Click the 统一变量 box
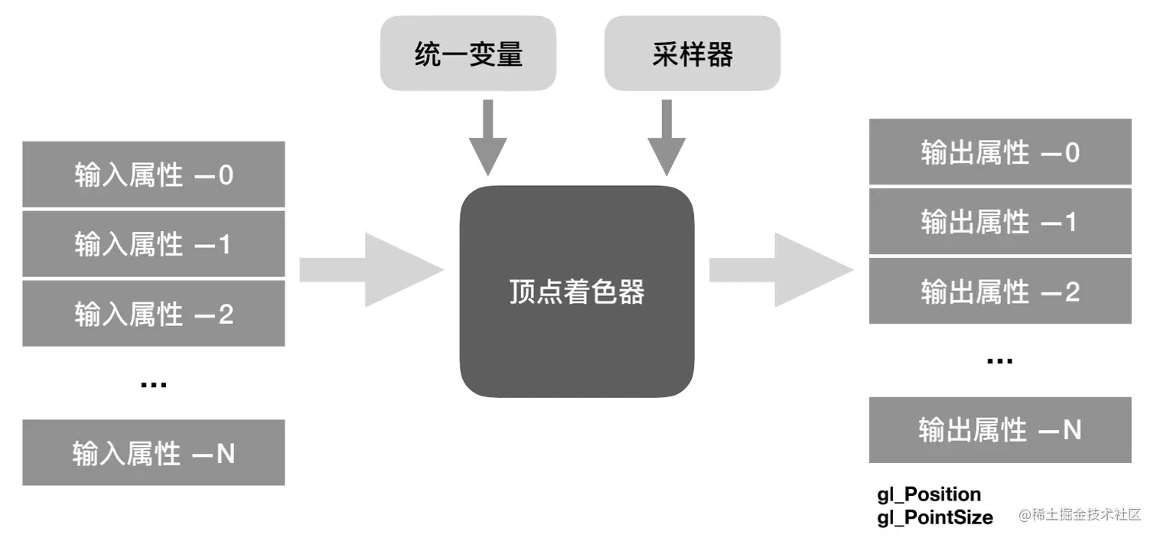click(468, 54)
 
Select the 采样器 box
click(692, 54)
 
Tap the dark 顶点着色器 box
click(576, 292)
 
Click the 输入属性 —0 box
click(153, 174)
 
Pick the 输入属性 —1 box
click(153, 244)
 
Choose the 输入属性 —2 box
click(153, 314)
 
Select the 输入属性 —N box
click(153, 452)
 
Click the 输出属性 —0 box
click(999, 152)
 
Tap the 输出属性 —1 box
click(999, 221)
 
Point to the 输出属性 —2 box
click(999, 291)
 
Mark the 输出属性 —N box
click(999, 429)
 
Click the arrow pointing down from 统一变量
click(488, 138)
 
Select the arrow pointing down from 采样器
click(666, 138)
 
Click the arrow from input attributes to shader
click(372, 270)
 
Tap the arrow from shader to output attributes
click(781, 270)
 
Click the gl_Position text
click(928, 494)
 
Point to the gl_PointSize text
click(934, 517)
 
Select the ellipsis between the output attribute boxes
click(999, 360)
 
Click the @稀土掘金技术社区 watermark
click(1079, 515)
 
